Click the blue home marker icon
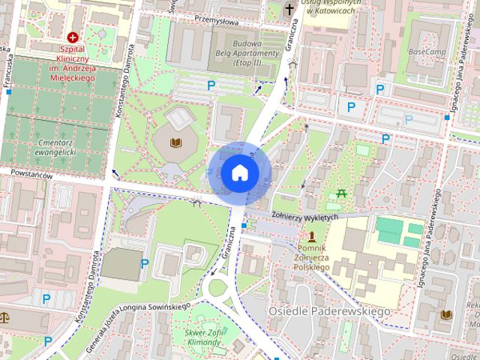click(239, 173)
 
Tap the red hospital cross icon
click(73, 37)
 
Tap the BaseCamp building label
click(428, 52)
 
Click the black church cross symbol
click(289, 10)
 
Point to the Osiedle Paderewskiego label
click(329, 310)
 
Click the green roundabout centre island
click(217, 287)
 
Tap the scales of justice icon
click(4, 317)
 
